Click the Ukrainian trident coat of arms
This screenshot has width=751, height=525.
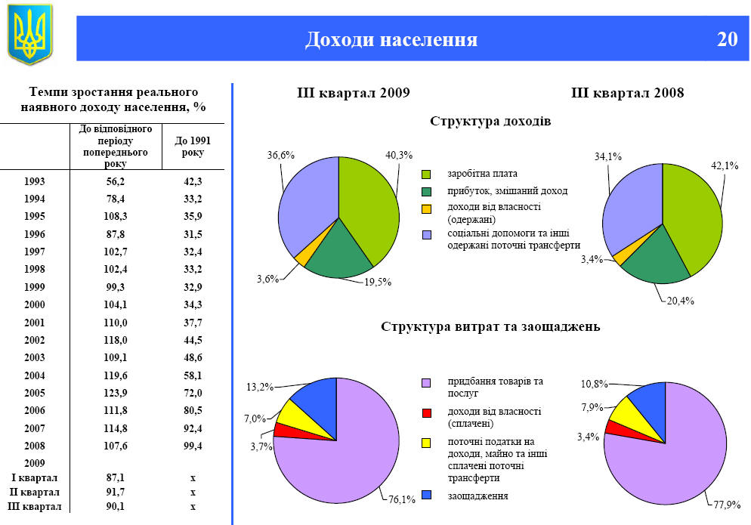(30, 34)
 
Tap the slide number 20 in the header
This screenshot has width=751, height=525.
(727, 39)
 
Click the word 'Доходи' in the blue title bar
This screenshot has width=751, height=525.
(338, 39)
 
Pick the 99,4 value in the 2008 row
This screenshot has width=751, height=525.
(193, 446)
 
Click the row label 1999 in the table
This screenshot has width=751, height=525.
(34, 287)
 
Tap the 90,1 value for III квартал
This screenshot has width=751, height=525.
(116, 506)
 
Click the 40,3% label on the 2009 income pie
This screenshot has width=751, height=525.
(399, 155)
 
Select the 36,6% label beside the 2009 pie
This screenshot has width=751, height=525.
(280, 155)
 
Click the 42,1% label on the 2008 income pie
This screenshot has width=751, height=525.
(725, 165)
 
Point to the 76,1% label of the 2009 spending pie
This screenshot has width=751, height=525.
(403, 499)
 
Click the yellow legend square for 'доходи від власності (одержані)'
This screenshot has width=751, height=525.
(426, 208)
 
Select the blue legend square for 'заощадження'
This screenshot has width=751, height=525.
(426, 496)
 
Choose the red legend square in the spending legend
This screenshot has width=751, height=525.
(426, 412)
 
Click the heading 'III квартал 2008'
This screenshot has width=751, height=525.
(627, 93)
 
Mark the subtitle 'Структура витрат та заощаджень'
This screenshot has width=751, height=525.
(490, 327)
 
